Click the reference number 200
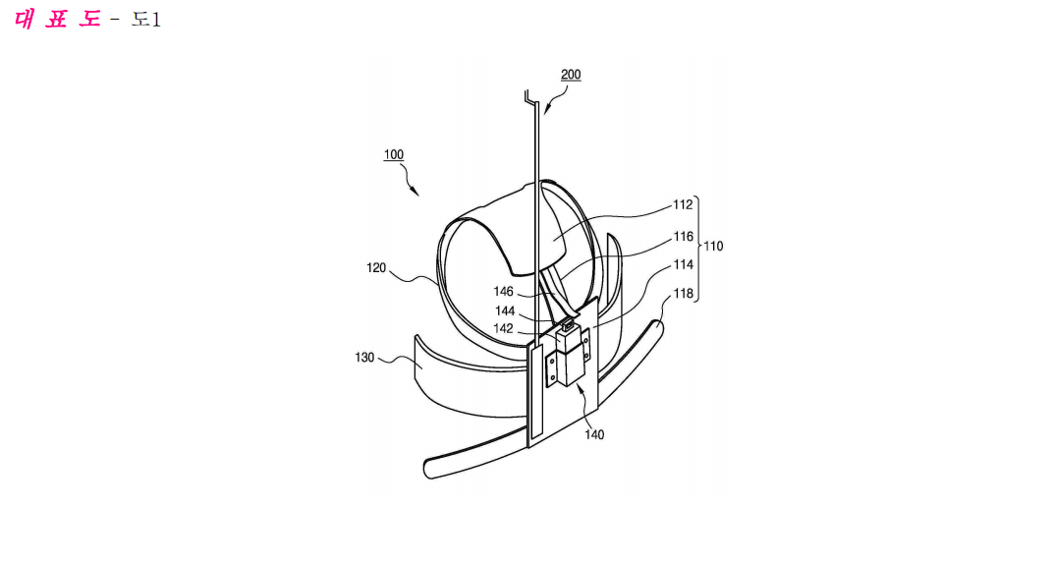coord(570,74)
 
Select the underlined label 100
coord(394,154)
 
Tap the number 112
coord(683,204)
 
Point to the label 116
coord(684,237)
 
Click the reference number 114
coord(684,264)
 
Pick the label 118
coord(684,294)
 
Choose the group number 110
coord(713,247)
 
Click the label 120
coord(376,268)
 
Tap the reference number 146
coord(504,292)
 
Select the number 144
coord(505,310)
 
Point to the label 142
coord(504,328)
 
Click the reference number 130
coord(364,358)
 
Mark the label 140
coord(594,434)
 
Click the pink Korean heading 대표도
coord(57,19)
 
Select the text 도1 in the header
coord(145,20)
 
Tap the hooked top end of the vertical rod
coord(530,99)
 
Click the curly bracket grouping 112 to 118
coord(696,250)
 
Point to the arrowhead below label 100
coord(417,193)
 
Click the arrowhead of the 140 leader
coord(579,385)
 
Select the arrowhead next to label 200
coord(546,111)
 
